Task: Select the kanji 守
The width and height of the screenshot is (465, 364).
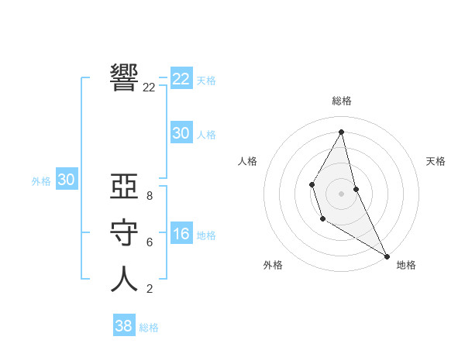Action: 124,235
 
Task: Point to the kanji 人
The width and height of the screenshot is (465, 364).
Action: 124,280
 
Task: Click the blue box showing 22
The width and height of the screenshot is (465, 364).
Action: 181,79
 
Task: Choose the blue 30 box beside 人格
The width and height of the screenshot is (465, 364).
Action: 181,133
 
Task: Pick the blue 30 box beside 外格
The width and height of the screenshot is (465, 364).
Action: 66,180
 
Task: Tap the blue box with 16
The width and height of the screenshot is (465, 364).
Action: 181,234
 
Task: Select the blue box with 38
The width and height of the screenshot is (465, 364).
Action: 123,326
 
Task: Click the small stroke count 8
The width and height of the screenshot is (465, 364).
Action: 149,196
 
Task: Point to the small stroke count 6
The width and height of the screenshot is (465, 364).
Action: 149,242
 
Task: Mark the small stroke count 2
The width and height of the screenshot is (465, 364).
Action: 149,289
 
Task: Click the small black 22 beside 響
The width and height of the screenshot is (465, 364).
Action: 149,88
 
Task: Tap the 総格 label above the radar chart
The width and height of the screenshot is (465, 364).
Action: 341,101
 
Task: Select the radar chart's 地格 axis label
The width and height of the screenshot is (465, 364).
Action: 406,265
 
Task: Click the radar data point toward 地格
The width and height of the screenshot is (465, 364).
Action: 387,256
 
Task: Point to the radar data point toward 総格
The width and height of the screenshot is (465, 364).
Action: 341,132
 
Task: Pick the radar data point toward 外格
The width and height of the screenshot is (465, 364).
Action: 322,219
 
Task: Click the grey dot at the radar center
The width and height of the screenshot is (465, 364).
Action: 341,194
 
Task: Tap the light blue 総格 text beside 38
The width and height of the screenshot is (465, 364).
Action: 149,328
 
